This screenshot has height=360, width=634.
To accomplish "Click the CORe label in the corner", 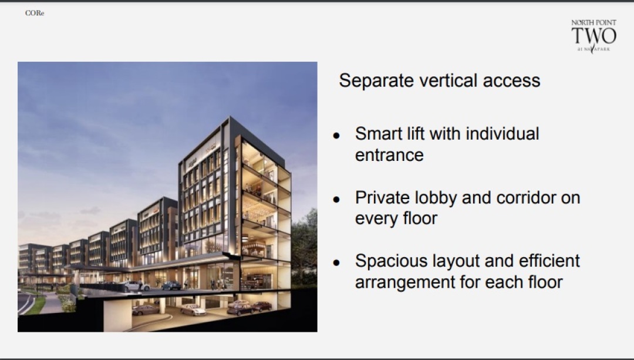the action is [x=35, y=13].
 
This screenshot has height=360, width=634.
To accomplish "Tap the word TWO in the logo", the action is [x=593, y=36].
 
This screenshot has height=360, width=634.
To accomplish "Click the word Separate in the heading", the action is [x=376, y=81].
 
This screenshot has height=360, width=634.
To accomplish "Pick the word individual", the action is [x=502, y=134].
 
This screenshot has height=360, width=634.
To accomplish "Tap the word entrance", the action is [x=389, y=155].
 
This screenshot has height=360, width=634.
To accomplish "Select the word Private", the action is [x=383, y=198].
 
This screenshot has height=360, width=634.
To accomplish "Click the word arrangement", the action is [x=404, y=282].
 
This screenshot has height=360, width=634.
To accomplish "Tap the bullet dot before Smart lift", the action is [x=336, y=136].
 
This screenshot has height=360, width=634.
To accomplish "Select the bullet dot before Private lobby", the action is [x=336, y=200].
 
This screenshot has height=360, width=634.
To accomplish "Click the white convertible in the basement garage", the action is [x=193, y=310].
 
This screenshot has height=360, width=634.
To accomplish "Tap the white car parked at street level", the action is [x=136, y=286].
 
